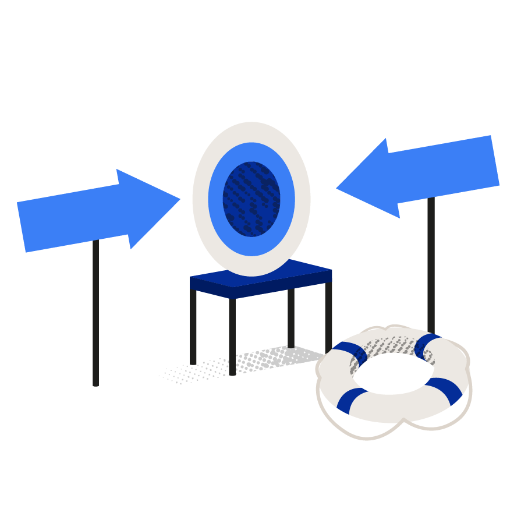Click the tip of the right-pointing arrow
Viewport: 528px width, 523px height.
(178, 199)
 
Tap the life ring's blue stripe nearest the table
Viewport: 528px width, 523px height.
(351, 400)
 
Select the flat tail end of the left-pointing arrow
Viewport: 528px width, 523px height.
(495, 161)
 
